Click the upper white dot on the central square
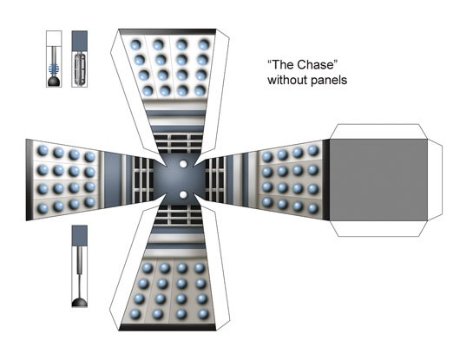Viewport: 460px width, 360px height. [183, 164]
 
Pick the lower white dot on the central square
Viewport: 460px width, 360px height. [183, 194]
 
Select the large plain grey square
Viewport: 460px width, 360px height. [378, 180]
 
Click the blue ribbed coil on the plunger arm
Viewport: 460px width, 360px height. [54, 69]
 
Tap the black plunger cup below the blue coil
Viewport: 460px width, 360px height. [54, 82]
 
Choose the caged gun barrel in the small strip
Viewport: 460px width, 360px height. [80, 69]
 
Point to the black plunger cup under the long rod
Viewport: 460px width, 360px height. [80, 302]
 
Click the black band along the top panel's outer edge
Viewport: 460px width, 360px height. [168, 31]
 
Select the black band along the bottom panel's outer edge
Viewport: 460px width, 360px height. [168, 327]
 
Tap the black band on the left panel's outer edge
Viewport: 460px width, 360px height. [29, 180]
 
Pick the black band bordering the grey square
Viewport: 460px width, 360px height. [326, 180]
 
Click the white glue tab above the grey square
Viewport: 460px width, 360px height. [378, 132]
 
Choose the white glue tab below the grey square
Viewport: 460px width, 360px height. [378, 229]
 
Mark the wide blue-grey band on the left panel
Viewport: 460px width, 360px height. [113, 180]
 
